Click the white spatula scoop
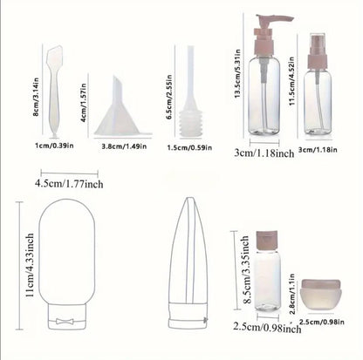coord(54,91)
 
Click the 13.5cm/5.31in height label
coord(237,73)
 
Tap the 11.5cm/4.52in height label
coord(292,80)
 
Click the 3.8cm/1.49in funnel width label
coord(124,146)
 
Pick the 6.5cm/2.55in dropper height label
coord(169,98)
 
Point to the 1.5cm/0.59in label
coord(189,147)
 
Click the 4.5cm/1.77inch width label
coord(69,184)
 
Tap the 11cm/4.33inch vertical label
coord(30,265)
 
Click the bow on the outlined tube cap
coord(65,321)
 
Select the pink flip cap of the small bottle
coord(267,241)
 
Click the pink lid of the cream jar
coord(321,283)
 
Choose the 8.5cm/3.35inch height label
coord(247,269)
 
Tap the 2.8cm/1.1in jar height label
coord(291,294)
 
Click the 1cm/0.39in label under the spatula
coord(54,146)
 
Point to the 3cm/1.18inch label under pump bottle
coord(264,153)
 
